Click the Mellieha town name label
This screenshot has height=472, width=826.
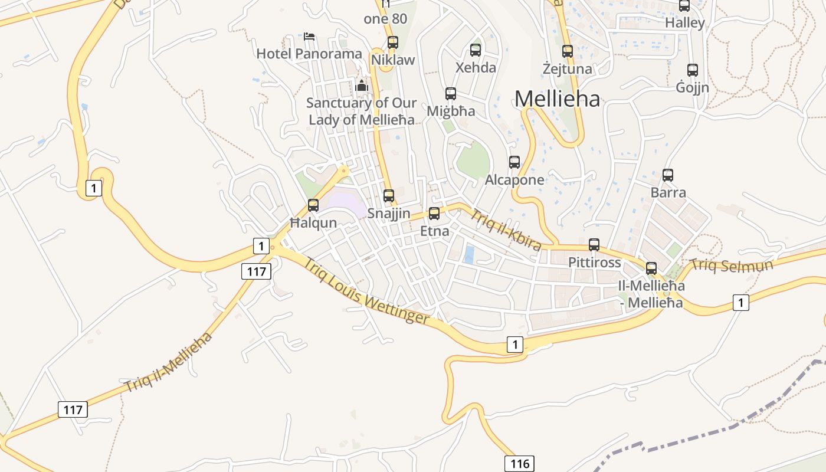(x=557, y=99)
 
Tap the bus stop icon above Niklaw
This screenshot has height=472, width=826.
(x=392, y=42)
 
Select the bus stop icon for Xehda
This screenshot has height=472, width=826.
(x=476, y=50)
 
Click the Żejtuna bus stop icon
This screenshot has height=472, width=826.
(x=568, y=51)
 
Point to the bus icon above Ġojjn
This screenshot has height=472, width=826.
(x=693, y=70)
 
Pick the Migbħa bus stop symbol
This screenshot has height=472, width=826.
(x=451, y=94)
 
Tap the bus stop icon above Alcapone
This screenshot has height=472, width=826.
(x=514, y=162)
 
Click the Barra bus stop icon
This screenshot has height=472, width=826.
(x=668, y=175)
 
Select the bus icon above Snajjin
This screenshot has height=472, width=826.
(x=389, y=196)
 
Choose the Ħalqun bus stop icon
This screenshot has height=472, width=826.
(x=313, y=205)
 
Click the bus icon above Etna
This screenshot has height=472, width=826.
(x=434, y=214)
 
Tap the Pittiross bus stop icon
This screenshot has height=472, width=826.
(x=594, y=245)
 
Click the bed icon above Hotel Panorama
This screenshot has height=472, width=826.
(x=309, y=37)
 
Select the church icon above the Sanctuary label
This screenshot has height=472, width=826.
(x=362, y=86)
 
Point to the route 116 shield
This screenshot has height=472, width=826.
(x=519, y=463)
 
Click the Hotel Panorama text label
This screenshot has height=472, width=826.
(x=309, y=54)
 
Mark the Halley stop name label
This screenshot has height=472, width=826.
(x=685, y=23)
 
